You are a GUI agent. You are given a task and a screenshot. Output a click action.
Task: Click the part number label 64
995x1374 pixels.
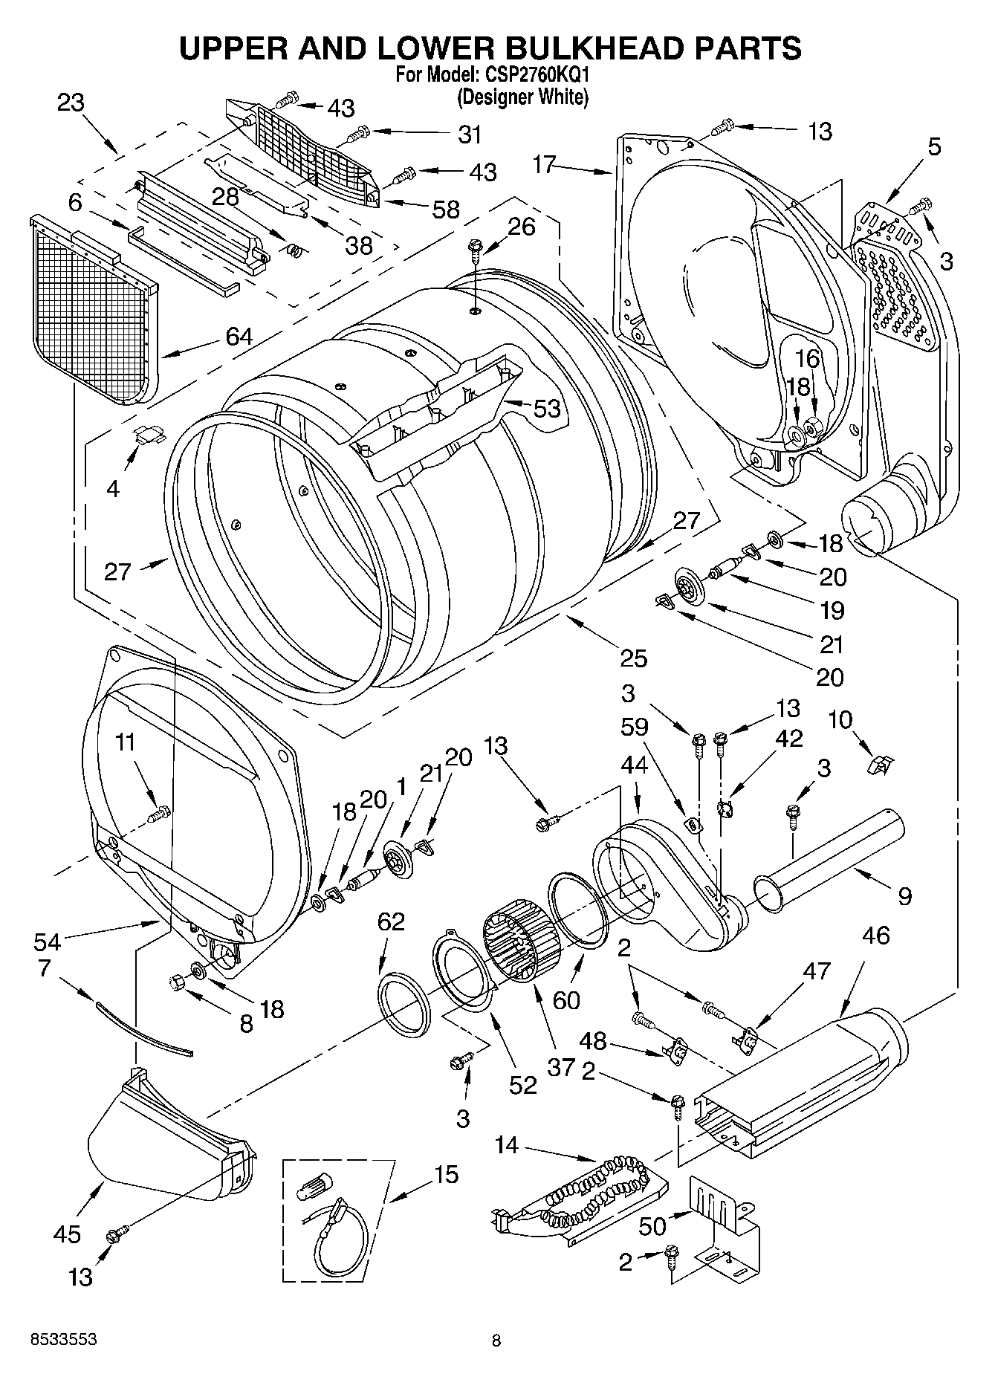click(x=239, y=337)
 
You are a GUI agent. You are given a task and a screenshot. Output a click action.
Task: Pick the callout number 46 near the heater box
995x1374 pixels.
click(x=877, y=935)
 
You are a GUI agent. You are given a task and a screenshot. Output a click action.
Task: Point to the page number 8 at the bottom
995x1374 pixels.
click(x=496, y=1341)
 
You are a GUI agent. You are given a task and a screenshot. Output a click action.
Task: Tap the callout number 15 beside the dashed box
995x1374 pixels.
click(x=446, y=1175)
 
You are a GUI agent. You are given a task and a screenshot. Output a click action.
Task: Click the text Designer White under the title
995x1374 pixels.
click(x=522, y=97)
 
